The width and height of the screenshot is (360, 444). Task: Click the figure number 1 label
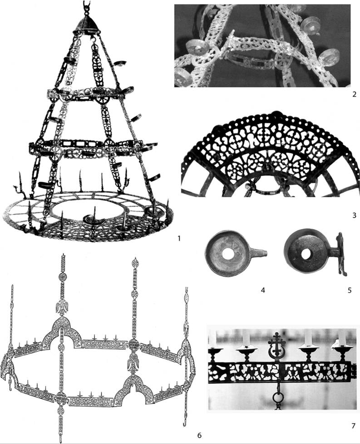click(178, 239)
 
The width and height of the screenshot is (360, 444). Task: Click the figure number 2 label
click(354, 94)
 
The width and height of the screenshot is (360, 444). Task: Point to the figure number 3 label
click(354, 215)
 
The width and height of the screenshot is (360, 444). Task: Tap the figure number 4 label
click(263, 290)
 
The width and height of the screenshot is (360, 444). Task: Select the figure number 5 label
click(349, 290)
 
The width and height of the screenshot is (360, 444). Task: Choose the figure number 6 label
click(199, 435)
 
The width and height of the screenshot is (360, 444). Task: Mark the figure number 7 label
click(353, 425)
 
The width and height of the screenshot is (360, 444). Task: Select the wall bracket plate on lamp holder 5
click(340, 254)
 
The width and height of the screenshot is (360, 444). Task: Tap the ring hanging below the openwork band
click(277, 398)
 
